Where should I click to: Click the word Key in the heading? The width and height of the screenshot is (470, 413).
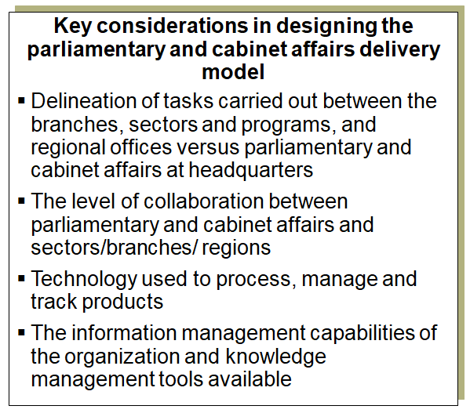[x=71, y=27]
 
